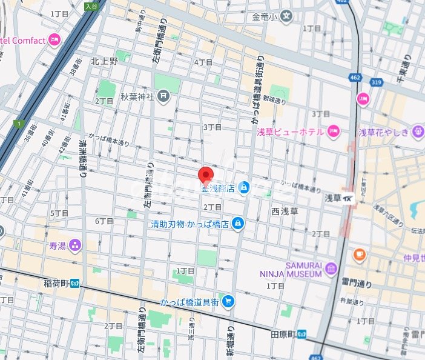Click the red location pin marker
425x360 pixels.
coord(207,175)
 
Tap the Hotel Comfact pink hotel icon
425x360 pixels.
coord(54,40)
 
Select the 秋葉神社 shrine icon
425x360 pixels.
coord(163,96)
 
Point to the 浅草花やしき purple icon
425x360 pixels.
coord(418,131)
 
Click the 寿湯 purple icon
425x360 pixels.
coord(75,245)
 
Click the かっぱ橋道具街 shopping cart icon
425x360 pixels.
coord(228,301)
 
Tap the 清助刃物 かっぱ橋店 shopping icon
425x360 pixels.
coord(238,224)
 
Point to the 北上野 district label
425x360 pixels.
coord(104,61)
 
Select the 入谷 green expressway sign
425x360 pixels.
coord(91,7)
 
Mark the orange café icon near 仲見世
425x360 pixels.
coord(359,253)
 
